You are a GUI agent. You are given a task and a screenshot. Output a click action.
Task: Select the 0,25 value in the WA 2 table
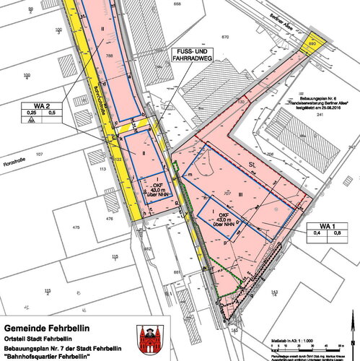point(32,113)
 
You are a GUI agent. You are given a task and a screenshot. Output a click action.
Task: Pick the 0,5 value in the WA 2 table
point(51,113)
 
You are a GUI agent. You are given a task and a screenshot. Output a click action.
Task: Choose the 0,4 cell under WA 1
point(316,233)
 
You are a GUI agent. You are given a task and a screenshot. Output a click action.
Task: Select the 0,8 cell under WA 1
point(336,233)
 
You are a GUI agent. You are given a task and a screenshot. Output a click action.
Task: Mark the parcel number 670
point(225,36)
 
